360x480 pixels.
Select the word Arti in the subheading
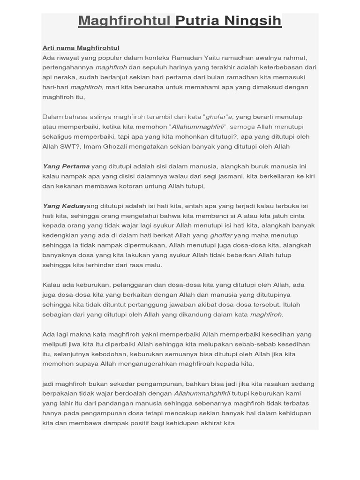tap(48, 48)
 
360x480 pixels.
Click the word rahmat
tap(294, 58)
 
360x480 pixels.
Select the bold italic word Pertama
tap(74, 166)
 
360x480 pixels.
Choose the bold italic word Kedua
tap(71, 206)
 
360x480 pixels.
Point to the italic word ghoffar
tap(221, 235)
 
